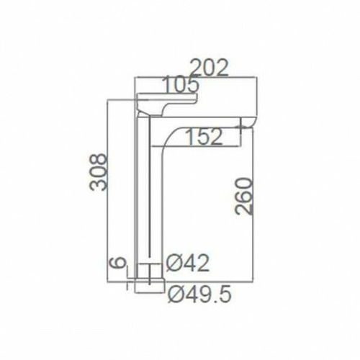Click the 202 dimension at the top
pos(209,67)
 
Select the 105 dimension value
pos(179,86)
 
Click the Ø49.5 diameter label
pos(197,294)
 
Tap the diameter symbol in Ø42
pos(173,264)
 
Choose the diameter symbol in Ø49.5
pos(173,294)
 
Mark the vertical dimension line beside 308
pos(107,187)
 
